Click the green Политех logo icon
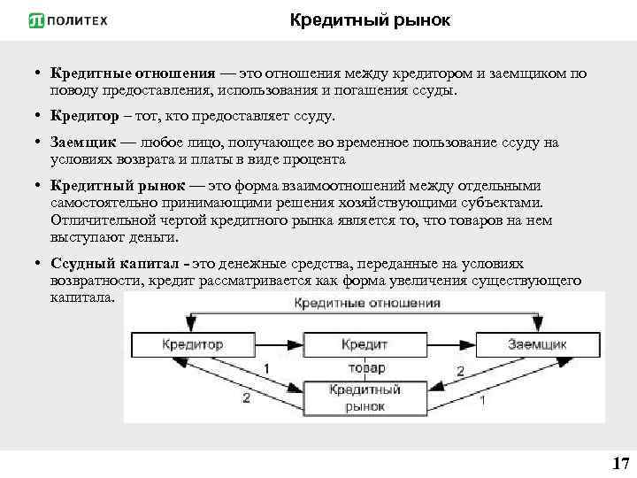(x=36, y=19)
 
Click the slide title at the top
(x=370, y=19)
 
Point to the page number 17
(x=619, y=463)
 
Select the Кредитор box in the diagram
(x=193, y=344)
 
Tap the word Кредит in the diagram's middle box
(x=364, y=343)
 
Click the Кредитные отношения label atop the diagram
(x=366, y=303)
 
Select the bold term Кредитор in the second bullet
(x=82, y=116)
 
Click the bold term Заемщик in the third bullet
(x=82, y=143)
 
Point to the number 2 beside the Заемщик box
(x=459, y=371)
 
